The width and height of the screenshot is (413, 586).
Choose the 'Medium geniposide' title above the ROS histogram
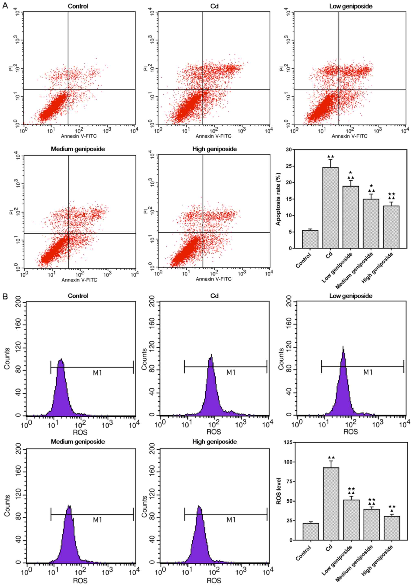point(78,442)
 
